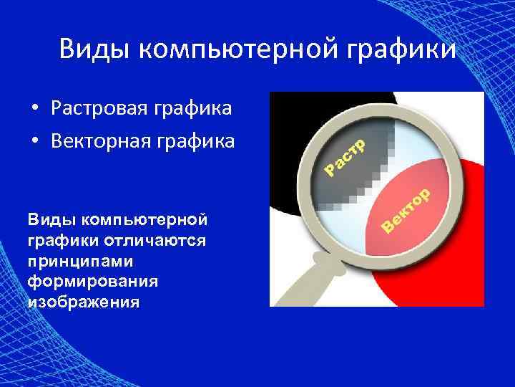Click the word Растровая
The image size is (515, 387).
click(x=97, y=110)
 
